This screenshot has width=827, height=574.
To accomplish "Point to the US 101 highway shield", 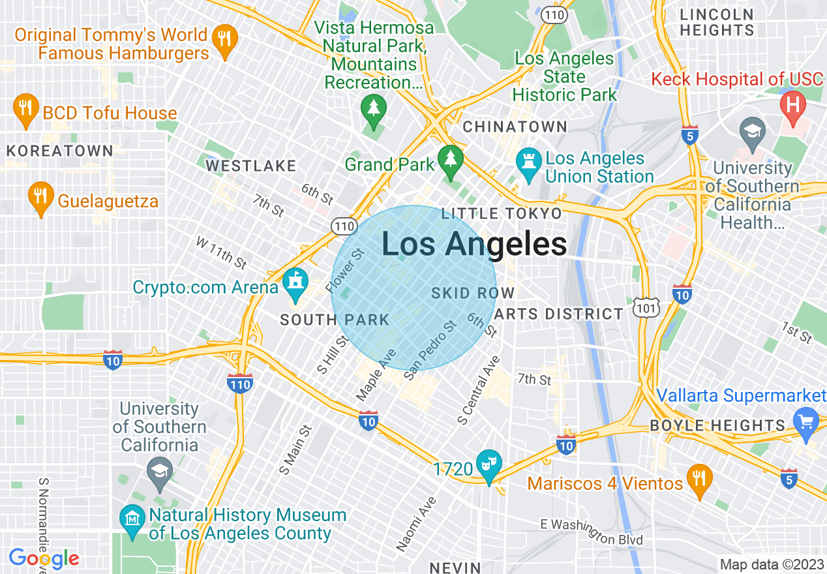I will [646, 307].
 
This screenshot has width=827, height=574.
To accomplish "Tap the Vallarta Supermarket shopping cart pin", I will [806, 421].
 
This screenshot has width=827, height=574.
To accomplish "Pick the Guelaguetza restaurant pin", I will [40, 196].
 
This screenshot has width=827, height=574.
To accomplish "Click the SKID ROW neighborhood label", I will [473, 294].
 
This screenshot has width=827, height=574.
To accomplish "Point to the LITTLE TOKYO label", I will [501, 213].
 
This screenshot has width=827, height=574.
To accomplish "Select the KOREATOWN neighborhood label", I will [60, 151].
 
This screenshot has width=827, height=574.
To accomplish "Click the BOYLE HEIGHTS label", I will [717, 426].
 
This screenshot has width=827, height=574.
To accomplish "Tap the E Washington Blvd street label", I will [592, 532].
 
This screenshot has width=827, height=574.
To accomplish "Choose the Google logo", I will [44, 558].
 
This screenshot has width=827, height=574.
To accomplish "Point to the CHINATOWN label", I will [515, 127].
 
